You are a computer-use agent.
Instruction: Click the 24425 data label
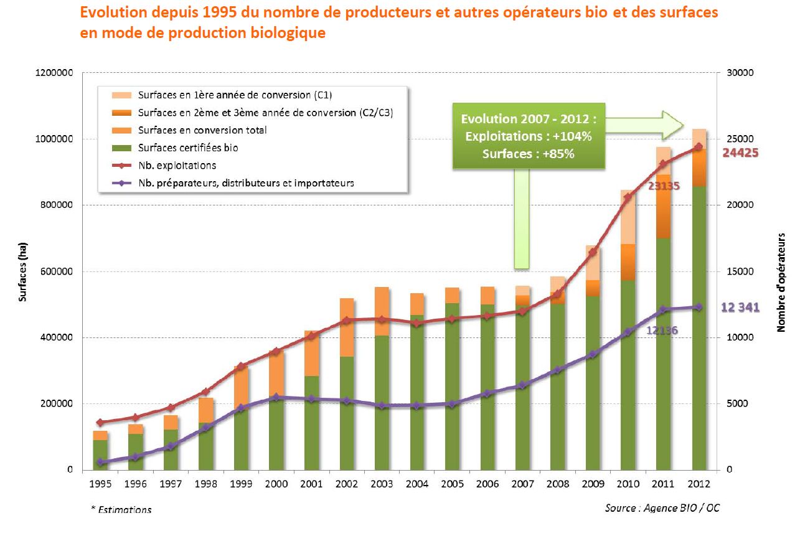pos(740,153)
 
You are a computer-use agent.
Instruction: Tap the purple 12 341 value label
pos(740,308)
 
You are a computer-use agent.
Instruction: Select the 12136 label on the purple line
pos(662,330)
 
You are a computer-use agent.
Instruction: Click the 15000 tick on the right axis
pos(740,271)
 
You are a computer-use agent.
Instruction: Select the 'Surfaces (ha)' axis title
pos(23,271)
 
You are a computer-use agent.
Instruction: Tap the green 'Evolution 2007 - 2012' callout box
pos(529,136)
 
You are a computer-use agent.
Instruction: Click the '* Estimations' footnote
pos(121,510)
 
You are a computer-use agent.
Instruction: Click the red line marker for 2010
pos(628,197)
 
